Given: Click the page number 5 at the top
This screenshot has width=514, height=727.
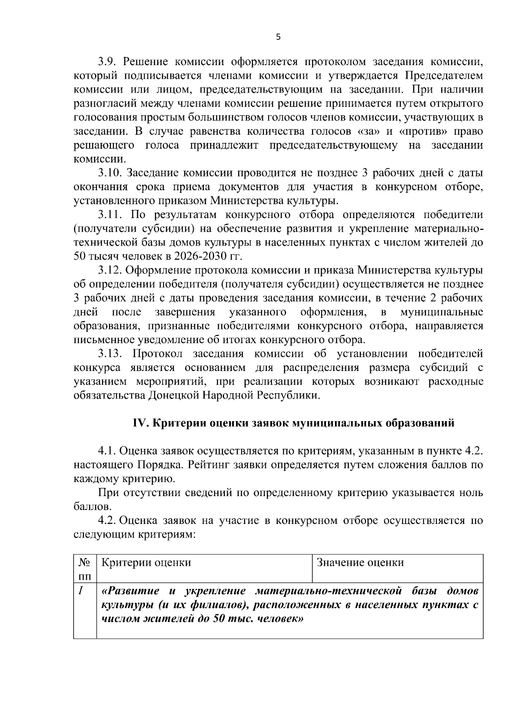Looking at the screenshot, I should (x=278, y=37).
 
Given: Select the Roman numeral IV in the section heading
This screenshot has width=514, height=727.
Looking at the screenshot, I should (x=140, y=423).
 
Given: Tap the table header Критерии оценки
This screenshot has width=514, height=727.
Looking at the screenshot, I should (x=146, y=562).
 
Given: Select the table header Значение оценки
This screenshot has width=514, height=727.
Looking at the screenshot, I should (x=360, y=562).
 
